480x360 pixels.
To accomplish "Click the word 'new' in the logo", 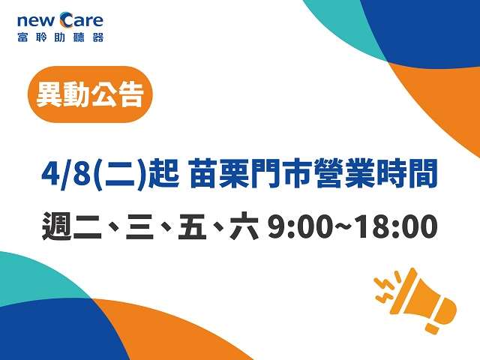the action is (37, 21).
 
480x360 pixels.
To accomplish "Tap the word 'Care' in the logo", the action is (82, 20).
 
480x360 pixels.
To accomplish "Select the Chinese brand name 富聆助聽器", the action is (61, 37).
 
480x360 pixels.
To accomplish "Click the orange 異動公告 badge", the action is (90, 94).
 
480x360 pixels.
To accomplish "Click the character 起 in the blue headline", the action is (163, 174).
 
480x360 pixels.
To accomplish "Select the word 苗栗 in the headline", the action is (219, 174).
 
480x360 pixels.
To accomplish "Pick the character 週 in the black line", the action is (57, 226).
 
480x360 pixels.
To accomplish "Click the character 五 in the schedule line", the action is (192, 226).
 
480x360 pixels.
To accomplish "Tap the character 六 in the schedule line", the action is (244, 226).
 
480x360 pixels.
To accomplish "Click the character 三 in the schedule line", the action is (139, 227).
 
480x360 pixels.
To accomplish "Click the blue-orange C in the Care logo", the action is (67, 20).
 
